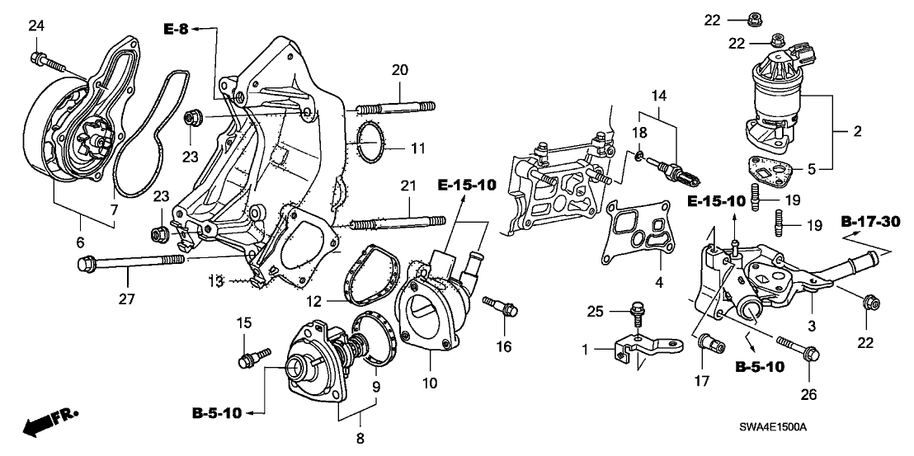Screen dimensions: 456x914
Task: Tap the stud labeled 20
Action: pos(395,106)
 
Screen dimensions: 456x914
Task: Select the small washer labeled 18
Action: pos(639,153)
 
